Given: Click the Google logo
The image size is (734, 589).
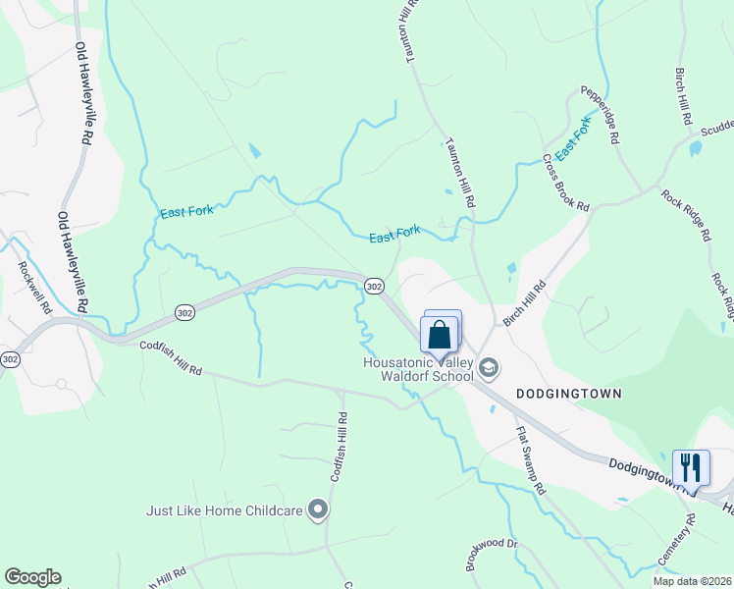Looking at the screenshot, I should tap(32, 577).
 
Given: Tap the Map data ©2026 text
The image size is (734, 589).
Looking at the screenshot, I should tap(692, 581).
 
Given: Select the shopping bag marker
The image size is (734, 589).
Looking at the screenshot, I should tap(439, 334).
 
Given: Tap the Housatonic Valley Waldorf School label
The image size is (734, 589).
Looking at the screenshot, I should tap(418, 369).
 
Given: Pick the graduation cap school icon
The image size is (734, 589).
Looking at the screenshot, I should tap(489, 368).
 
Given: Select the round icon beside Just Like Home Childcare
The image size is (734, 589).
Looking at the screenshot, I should tap(317, 509).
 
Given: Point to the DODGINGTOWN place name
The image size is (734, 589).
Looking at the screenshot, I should tap(569, 392).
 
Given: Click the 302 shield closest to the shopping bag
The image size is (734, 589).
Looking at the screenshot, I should tap(373, 285).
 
